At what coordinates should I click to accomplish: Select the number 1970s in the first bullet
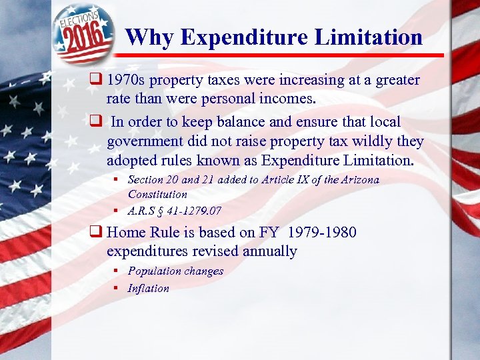(x=127, y=81)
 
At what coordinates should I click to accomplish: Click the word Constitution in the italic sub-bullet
(x=157, y=194)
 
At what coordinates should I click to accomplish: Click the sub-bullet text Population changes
(x=175, y=271)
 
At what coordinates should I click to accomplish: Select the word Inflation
(x=149, y=289)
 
